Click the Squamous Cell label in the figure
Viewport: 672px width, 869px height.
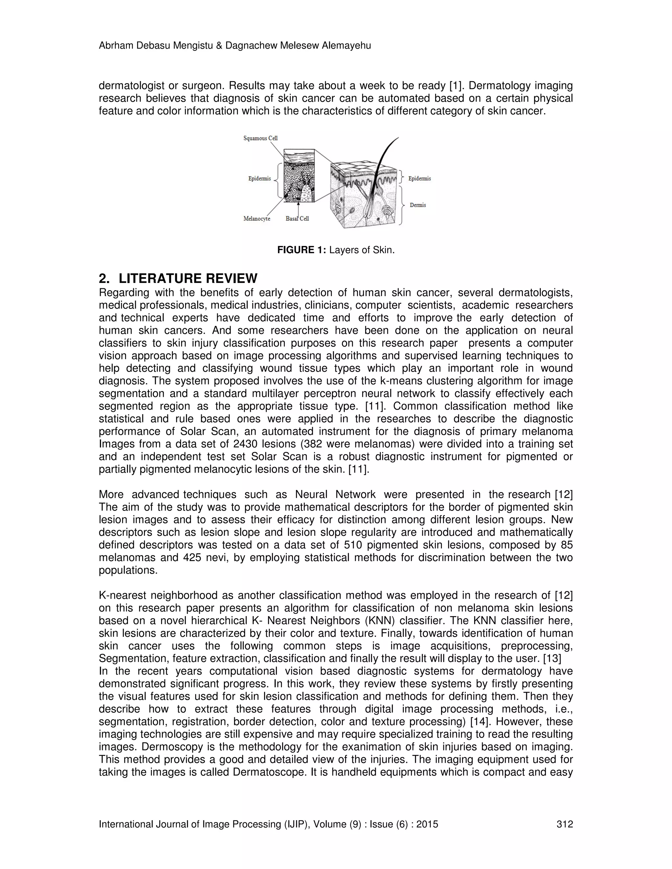pos(260,138)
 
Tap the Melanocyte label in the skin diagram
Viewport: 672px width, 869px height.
pos(257,218)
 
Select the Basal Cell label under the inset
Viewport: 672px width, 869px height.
pos(297,218)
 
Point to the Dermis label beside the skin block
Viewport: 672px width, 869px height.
pos(418,205)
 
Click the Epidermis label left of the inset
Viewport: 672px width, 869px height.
pos(260,178)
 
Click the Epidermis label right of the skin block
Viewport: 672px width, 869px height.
pos(420,178)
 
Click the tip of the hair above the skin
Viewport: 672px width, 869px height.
pos(397,138)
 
